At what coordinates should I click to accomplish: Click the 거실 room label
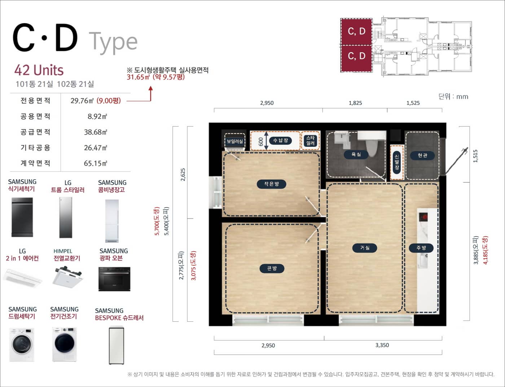pyautogui.click(x=365, y=248)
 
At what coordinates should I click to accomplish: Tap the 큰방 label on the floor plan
pyautogui.click(x=272, y=268)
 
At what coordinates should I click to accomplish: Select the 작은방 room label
pyautogui.click(x=272, y=184)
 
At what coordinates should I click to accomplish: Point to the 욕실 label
pyautogui.click(x=356, y=154)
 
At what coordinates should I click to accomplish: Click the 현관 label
pyautogui.click(x=422, y=155)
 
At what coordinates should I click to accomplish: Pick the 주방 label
pyautogui.click(x=421, y=248)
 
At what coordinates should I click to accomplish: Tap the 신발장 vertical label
pyautogui.click(x=397, y=162)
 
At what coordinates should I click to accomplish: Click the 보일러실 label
pyautogui.click(x=235, y=141)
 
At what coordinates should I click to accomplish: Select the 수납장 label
pyautogui.click(x=280, y=140)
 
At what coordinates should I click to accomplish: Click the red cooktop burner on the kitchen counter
pyautogui.click(x=423, y=217)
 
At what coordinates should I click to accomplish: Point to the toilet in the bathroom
pyautogui.click(x=372, y=145)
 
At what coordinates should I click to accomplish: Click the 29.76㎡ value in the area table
pyautogui.click(x=82, y=101)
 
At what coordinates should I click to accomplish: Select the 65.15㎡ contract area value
pyautogui.click(x=95, y=163)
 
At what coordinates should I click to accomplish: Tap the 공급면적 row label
pyautogui.click(x=35, y=132)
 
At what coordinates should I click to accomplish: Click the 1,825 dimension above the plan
pyautogui.click(x=355, y=103)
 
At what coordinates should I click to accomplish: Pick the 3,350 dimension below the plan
pyautogui.click(x=382, y=345)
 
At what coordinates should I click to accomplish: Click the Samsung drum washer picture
pyautogui.click(x=22, y=344)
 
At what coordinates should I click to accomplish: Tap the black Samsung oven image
pyautogui.click(x=114, y=279)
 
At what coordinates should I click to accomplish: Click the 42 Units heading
pyautogui.click(x=39, y=70)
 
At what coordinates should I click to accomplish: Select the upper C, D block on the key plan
pyautogui.click(x=356, y=31)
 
